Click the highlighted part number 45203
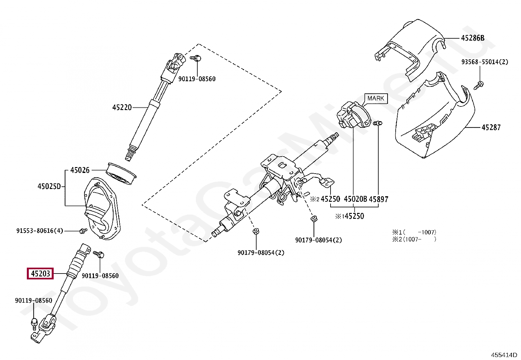click(x=41, y=273)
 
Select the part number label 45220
click(x=122, y=107)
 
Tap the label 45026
click(x=80, y=170)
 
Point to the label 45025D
click(x=49, y=186)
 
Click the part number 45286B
click(x=472, y=38)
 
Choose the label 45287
click(x=491, y=127)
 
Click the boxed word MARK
click(x=375, y=98)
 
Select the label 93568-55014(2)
click(x=484, y=62)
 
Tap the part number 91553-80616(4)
click(x=40, y=231)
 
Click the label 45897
click(x=378, y=199)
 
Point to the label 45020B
click(x=355, y=199)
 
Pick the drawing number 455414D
click(x=504, y=355)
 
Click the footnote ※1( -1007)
click(x=414, y=232)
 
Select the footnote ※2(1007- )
click(x=414, y=239)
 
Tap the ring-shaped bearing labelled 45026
click(x=121, y=173)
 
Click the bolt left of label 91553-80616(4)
click(x=82, y=231)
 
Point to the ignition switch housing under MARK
click(x=352, y=116)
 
